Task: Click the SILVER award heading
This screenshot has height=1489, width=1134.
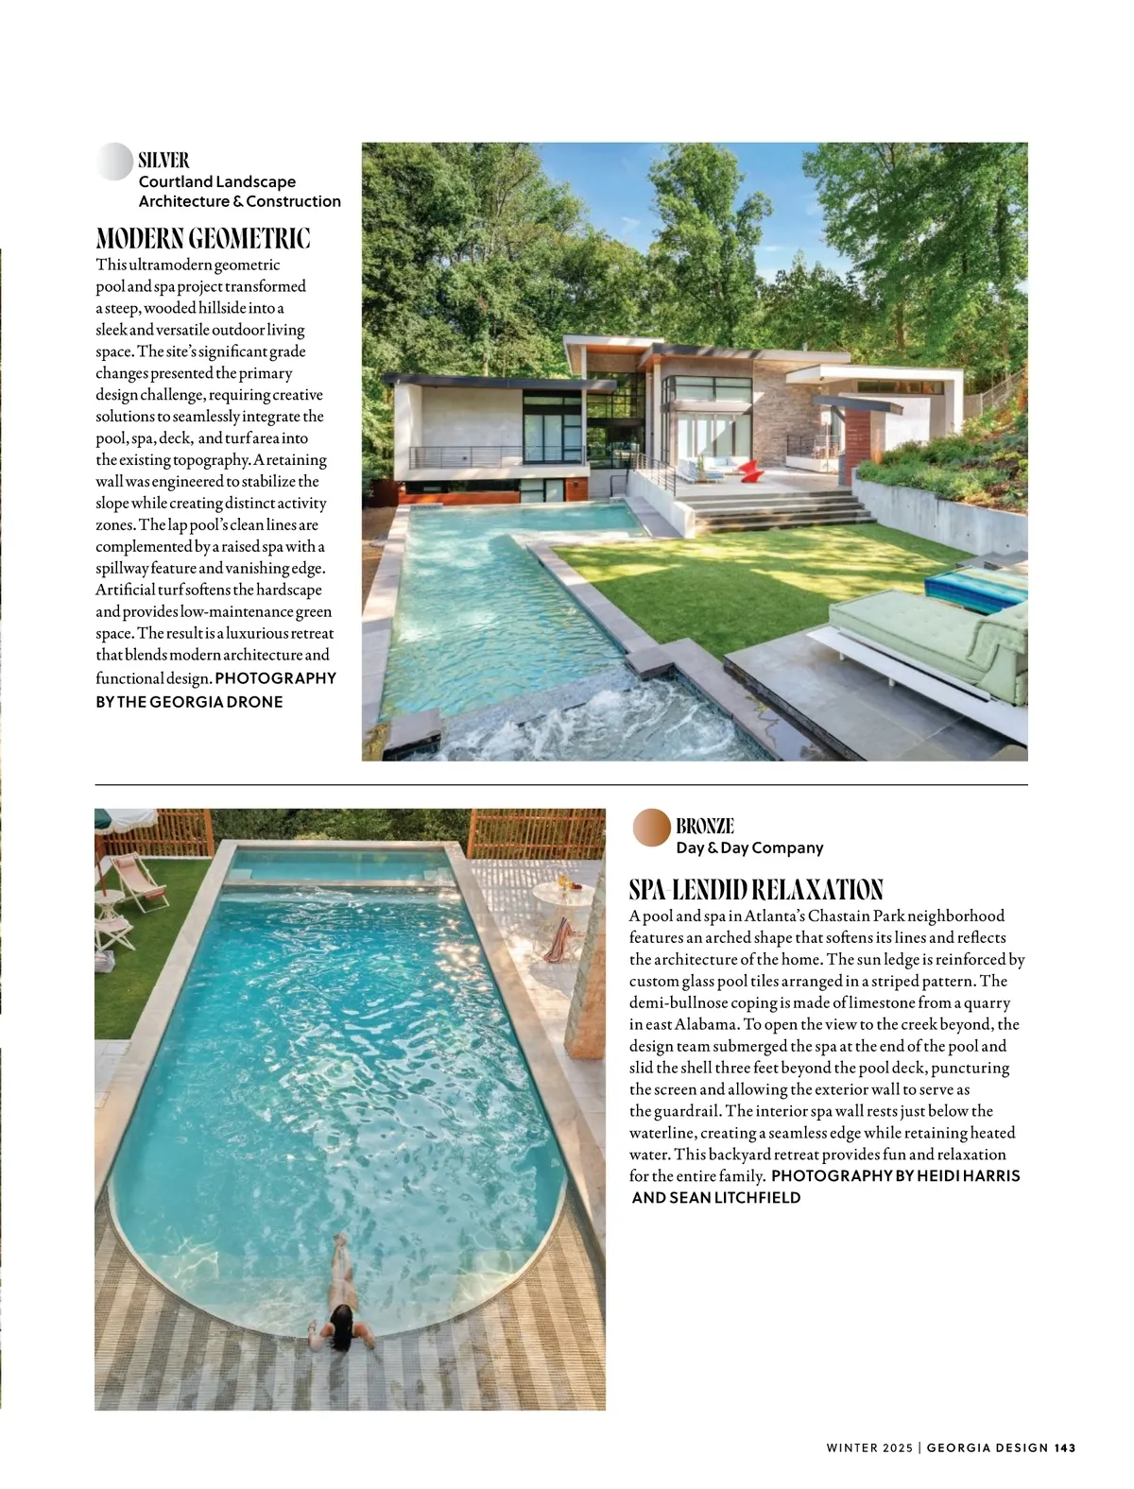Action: [163, 160]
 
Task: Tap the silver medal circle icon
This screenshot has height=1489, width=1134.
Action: [114, 162]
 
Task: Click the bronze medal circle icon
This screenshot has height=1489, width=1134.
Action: [652, 827]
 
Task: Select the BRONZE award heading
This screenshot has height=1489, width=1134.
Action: [704, 826]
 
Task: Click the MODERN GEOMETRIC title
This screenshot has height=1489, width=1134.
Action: [203, 236]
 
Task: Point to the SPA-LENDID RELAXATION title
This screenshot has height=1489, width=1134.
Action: [756, 889]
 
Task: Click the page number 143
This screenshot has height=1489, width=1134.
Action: [1065, 1447]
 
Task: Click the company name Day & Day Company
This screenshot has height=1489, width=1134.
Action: [749, 847]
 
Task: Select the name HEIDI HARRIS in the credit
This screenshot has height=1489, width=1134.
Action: [954, 1176]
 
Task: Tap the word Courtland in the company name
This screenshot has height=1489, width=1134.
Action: [176, 181]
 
